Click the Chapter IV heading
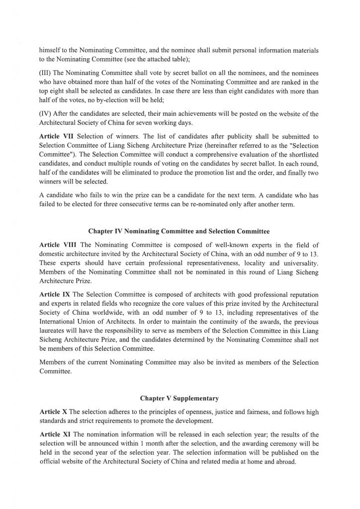179,231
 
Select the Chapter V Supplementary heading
179,398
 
